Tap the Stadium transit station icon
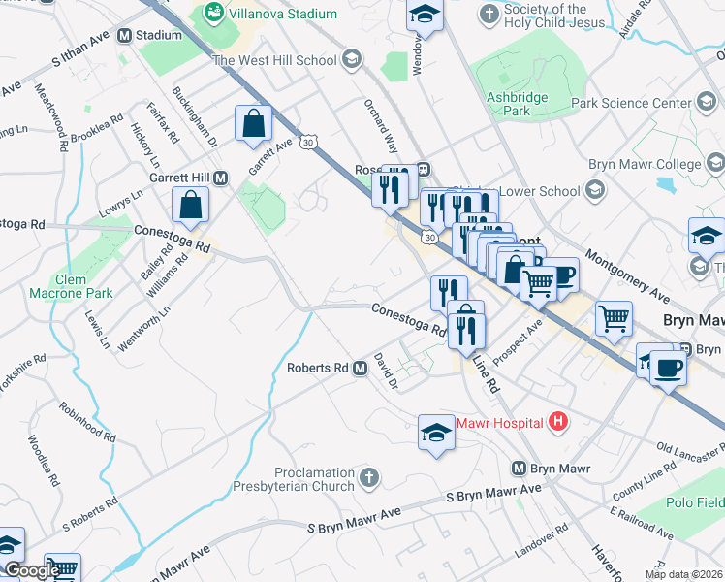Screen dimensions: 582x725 tap(124, 35)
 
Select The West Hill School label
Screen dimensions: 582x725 tap(274, 60)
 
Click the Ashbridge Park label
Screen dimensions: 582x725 tap(518, 104)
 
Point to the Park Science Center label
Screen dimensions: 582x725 tap(645, 103)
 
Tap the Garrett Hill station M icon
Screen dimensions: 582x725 tap(221, 178)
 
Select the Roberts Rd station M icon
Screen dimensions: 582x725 tap(360, 369)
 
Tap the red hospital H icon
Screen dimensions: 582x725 tap(557, 421)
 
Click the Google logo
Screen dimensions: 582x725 tap(31, 570)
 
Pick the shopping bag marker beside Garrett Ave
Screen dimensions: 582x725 tap(253, 124)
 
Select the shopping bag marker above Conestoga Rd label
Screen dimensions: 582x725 tap(191, 205)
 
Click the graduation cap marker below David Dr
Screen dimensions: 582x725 tap(436, 433)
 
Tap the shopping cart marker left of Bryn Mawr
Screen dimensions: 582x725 tap(613, 317)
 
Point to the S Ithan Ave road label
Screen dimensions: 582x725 tap(86, 59)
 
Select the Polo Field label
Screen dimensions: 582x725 tap(695, 503)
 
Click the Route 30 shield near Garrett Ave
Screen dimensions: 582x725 tap(307, 142)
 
